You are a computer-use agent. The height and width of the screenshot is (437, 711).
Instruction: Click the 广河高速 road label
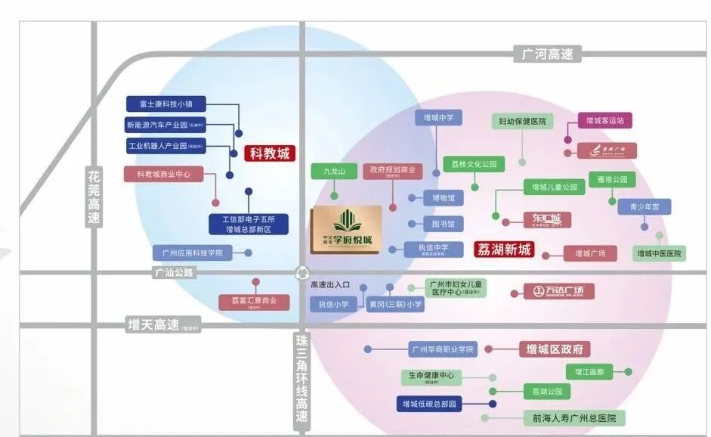tap(547, 54)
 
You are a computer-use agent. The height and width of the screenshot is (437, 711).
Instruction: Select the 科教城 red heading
tap(270, 153)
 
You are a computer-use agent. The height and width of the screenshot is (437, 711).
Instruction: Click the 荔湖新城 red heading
tap(504, 249)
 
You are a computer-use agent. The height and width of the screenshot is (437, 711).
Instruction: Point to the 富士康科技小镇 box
tap(165, 104)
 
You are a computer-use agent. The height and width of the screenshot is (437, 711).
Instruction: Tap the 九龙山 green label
tap(334, 172)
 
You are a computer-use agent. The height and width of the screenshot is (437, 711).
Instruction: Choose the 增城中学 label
tap(438, 118)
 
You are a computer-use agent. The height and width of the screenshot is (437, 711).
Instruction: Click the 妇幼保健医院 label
tap(522, 122)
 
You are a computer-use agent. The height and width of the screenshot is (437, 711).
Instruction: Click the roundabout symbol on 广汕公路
tap(302, 274)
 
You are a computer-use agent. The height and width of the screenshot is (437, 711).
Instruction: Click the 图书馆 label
tap(443, 225)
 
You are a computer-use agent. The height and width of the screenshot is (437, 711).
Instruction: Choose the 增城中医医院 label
tap(659, 254)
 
